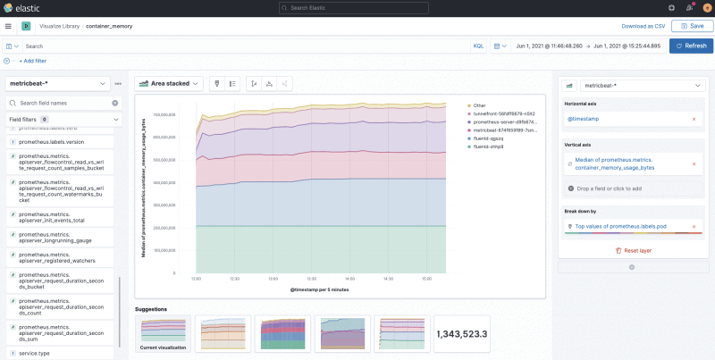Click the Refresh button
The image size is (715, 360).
point(691,46)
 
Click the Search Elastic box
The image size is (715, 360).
point(357,8)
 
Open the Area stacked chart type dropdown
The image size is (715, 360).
point(170,83)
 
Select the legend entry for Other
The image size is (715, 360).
point(480,106)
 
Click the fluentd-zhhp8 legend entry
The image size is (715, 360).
point(489,147)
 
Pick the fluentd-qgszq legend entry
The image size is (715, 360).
point(489,138)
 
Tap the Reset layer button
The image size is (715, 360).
point(635,251)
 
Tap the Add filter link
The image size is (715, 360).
point(32,61)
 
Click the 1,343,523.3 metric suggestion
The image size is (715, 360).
point(461,333)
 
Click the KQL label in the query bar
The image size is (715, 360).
point(478,46)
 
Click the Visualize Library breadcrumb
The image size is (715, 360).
point(59,27)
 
